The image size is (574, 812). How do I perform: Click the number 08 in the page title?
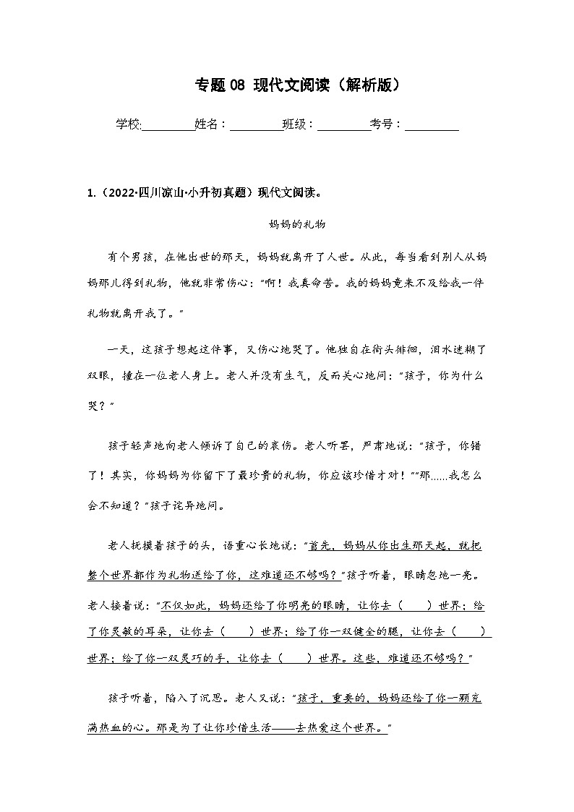[x=237, y=85]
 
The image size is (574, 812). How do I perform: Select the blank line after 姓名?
[x=256, y=124]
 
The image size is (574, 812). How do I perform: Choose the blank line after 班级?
[x=343, y=124]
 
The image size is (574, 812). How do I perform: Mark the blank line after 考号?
[x=432, y=124]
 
